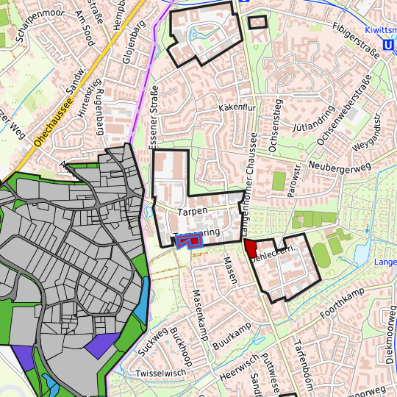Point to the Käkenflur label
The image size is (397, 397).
236,108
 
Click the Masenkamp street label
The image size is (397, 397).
196,310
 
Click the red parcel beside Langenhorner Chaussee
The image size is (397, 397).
250,248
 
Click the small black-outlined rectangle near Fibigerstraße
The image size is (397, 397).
257,22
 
